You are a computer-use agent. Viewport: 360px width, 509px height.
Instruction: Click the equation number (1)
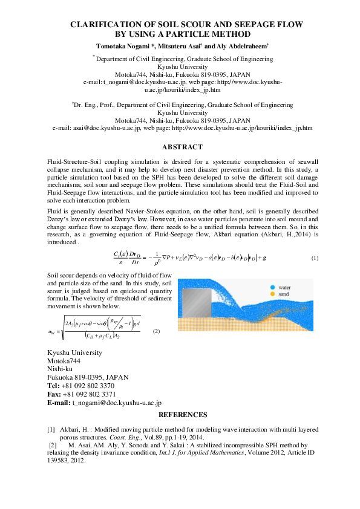point(315,259)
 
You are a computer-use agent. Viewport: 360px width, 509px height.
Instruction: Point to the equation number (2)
point(156,331)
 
